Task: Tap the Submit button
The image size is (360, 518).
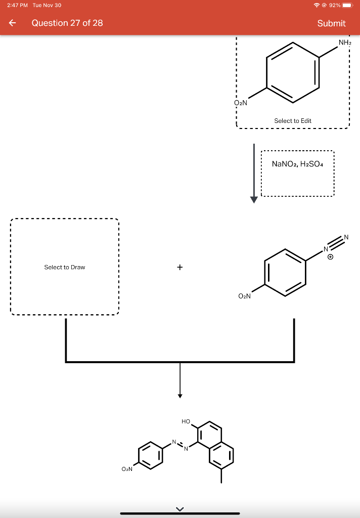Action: point(331,23)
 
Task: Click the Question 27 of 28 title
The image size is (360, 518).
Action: point(67,23)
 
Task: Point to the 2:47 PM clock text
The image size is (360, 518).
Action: point(17,5)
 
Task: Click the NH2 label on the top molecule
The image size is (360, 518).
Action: point(345,43)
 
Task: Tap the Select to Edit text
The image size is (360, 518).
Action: point(293,121)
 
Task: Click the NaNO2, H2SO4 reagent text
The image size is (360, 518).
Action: point(298,164)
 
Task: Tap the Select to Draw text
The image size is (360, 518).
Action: point(65,267)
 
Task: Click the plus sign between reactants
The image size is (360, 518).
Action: point(180,267)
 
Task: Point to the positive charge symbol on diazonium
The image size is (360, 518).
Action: point(331,257)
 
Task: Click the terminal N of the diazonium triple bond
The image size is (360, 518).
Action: point(346,237)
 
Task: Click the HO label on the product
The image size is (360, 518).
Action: point(186,421)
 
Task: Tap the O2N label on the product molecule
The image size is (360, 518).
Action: point(127,469)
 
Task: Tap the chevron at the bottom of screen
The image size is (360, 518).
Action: point(179,508)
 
